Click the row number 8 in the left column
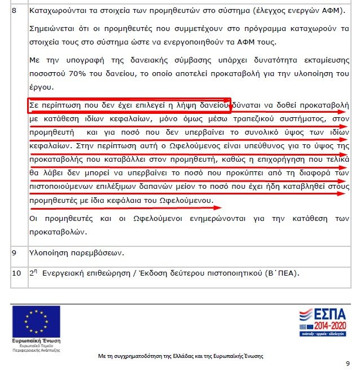tap(15, 10)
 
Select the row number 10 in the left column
tap(16, 273)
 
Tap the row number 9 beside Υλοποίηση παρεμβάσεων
tap(15, 253)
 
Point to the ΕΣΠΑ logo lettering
tap(324, 315)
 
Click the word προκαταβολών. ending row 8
tap(58, 232)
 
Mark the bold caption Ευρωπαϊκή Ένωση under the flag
tap(35, 341)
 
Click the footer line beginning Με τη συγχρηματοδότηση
tap(180, 356)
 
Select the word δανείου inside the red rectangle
tap(212, 105)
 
